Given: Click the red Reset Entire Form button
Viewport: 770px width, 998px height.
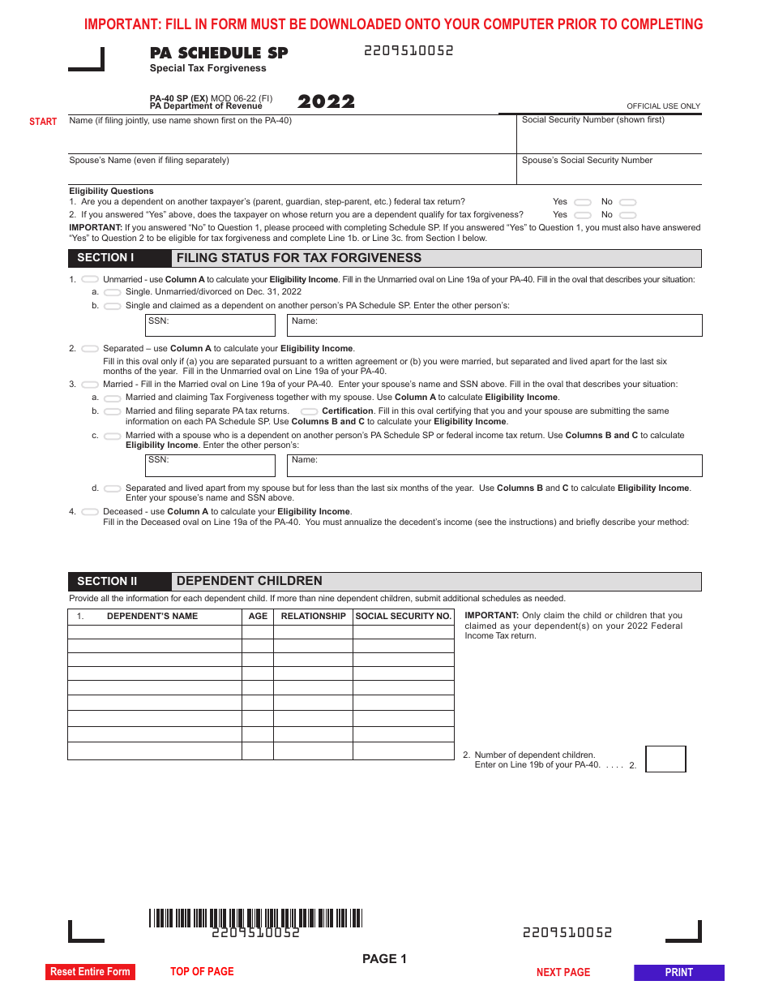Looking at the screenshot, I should tap(90, 972).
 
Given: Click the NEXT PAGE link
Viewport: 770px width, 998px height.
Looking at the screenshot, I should tap(563, 972).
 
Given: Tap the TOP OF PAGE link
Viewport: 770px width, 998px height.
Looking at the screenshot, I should tap(202, 971).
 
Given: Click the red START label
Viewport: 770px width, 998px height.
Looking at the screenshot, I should tap(43, 122).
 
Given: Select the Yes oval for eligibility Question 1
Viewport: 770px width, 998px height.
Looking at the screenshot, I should tap(582, 202).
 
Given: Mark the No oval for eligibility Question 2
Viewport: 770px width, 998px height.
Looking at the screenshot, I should tap(628, 215).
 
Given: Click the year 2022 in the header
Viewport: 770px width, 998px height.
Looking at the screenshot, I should tap(326, 102).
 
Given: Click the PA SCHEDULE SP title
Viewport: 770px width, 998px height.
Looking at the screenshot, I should tap(219, 54).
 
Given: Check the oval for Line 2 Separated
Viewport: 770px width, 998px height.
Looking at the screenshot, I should tap(90, 349).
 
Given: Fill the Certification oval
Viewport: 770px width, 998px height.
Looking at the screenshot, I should tap(310, 411).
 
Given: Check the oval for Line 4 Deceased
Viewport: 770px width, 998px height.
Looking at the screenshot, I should tap(90, 512).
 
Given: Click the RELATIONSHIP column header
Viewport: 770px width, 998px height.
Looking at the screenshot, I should tap(313, 617).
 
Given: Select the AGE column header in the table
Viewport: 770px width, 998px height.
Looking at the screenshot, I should tap(258, 617).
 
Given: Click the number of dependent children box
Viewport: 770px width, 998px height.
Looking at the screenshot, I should tap(665, 759).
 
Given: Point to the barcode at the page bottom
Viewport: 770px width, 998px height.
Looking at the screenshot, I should tap(255, 918).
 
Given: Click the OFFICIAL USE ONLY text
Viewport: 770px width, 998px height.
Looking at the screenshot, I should tap(663, 106).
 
